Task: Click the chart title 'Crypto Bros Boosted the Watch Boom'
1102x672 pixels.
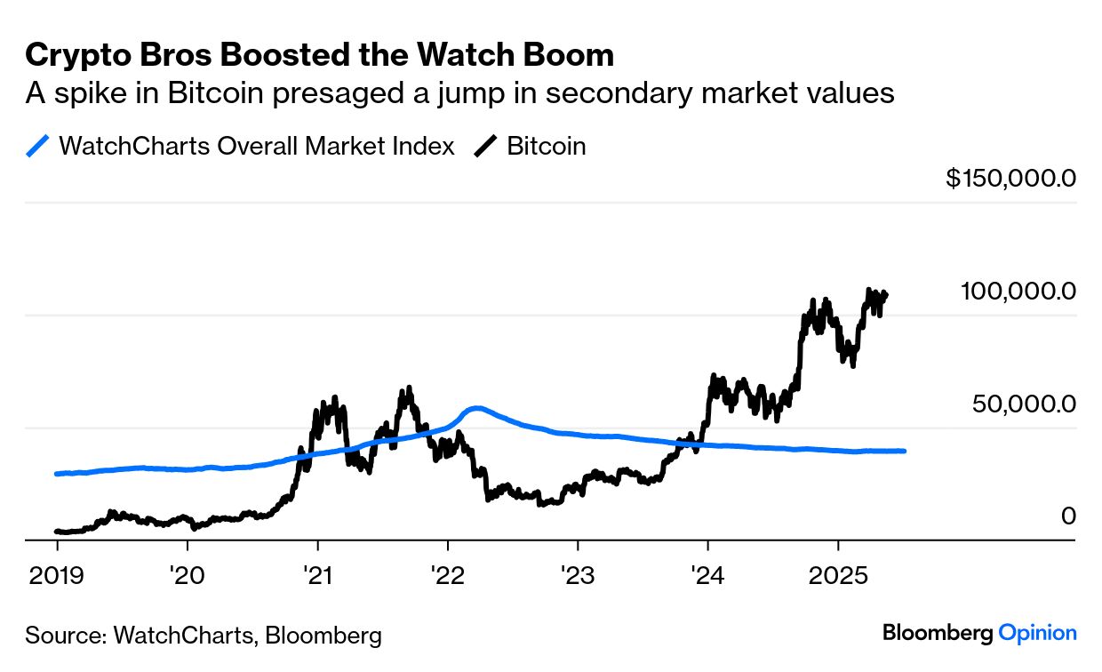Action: [x=319, y=55]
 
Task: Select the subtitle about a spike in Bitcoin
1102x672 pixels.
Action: [x=459, y=92]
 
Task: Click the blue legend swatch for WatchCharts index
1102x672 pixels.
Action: [x=38, y=147]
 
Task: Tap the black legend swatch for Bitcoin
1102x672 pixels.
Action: [x=486, y=147]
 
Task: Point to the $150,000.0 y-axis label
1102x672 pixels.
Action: [x=1010, y=179]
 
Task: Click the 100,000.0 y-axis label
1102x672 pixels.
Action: [x=1018, y=292]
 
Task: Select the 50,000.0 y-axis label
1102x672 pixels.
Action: [x=1024, y=404]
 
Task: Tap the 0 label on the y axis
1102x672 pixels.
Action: [x=1068, y=516]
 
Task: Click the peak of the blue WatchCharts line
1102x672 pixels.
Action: [x=477, y=408]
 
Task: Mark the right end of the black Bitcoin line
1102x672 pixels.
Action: [x=885, y=294]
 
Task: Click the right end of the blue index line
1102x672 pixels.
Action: [x=904, y=451]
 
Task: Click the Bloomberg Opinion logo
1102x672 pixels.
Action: [x=979, y=633]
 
